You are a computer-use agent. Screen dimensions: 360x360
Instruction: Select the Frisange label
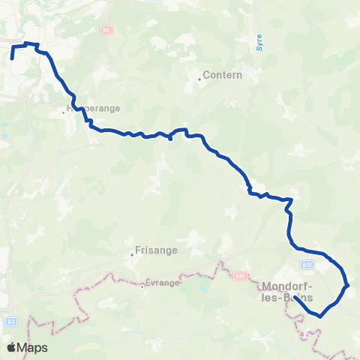tap(156, 251)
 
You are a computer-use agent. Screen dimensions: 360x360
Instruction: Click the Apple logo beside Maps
tap(11, 348)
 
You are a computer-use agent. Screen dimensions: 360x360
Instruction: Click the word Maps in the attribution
tap(33, 348)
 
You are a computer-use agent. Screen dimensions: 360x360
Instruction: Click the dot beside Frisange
tap(132, 253)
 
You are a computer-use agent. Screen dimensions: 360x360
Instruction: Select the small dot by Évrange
tap(141, 284)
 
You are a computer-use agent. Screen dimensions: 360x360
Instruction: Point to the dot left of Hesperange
tap(64, 112)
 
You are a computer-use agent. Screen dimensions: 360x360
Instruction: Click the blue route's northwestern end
tap(12, 58)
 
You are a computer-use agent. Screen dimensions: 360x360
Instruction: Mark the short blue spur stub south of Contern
tap(172, 138)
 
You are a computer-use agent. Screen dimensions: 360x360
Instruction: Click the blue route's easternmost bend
tap(347, 285)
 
